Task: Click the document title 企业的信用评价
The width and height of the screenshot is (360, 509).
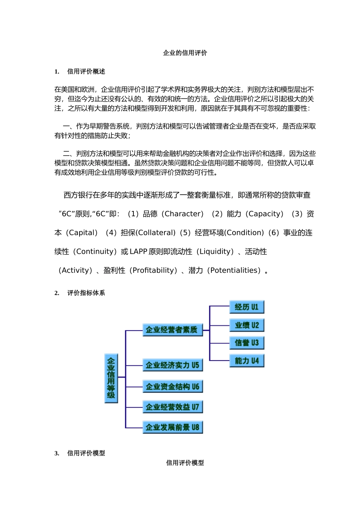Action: point(185,53)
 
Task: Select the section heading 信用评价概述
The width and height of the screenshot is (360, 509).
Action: point(86,72)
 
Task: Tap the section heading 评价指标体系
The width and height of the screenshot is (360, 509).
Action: point(86,293)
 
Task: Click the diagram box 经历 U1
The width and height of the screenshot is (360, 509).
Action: point(246,307)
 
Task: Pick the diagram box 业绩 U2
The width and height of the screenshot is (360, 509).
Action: point(246,325)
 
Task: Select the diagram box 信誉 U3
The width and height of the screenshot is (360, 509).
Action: point(246,343)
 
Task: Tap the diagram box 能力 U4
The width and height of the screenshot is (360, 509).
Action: point(246,361)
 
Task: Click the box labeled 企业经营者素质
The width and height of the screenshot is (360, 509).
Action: point(172,330)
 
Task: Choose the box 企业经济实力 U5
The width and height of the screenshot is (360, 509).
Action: point(172,365)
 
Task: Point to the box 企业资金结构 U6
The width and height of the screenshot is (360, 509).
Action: point(172,387)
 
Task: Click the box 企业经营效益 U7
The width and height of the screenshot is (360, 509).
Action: point(172,407)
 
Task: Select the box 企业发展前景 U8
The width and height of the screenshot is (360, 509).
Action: point(172,428)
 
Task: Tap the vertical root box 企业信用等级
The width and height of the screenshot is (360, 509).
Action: point(111,378)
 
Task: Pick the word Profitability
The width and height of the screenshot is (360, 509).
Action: point(153,270)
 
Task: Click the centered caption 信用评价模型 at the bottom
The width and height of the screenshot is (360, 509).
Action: point(185,463)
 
